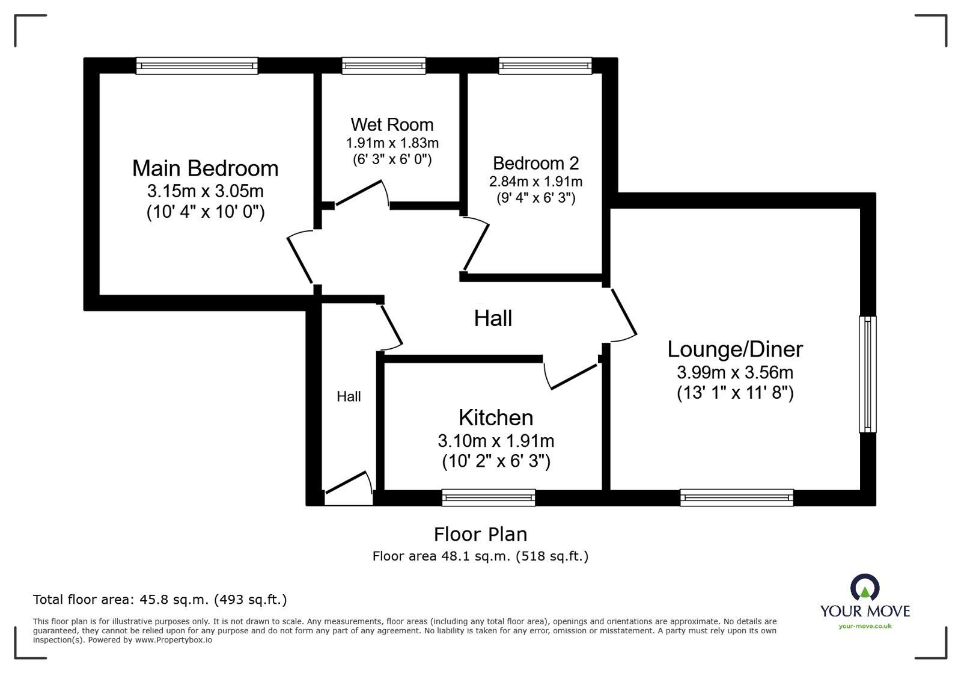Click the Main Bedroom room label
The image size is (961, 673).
[205, 168]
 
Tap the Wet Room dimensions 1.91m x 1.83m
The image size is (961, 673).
[392, 143]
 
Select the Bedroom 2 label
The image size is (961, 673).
[535, 163]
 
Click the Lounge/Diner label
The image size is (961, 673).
[734, 349]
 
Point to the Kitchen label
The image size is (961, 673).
[495, 417]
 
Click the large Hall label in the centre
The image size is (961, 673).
[493, 318]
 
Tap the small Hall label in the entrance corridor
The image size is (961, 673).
[349, 396]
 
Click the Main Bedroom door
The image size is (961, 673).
[300, 259]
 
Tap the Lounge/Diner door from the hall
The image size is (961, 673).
[623, 313]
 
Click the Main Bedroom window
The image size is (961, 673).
[197, 66]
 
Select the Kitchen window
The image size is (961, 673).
[488, 497]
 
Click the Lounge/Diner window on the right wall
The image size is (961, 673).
[867, 373]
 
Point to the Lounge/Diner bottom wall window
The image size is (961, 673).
[736, 497]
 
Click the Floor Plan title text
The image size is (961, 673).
[480, 534]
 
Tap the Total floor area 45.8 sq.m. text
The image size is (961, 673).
[160, 600]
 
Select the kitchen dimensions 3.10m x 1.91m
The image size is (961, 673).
[496, 441]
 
